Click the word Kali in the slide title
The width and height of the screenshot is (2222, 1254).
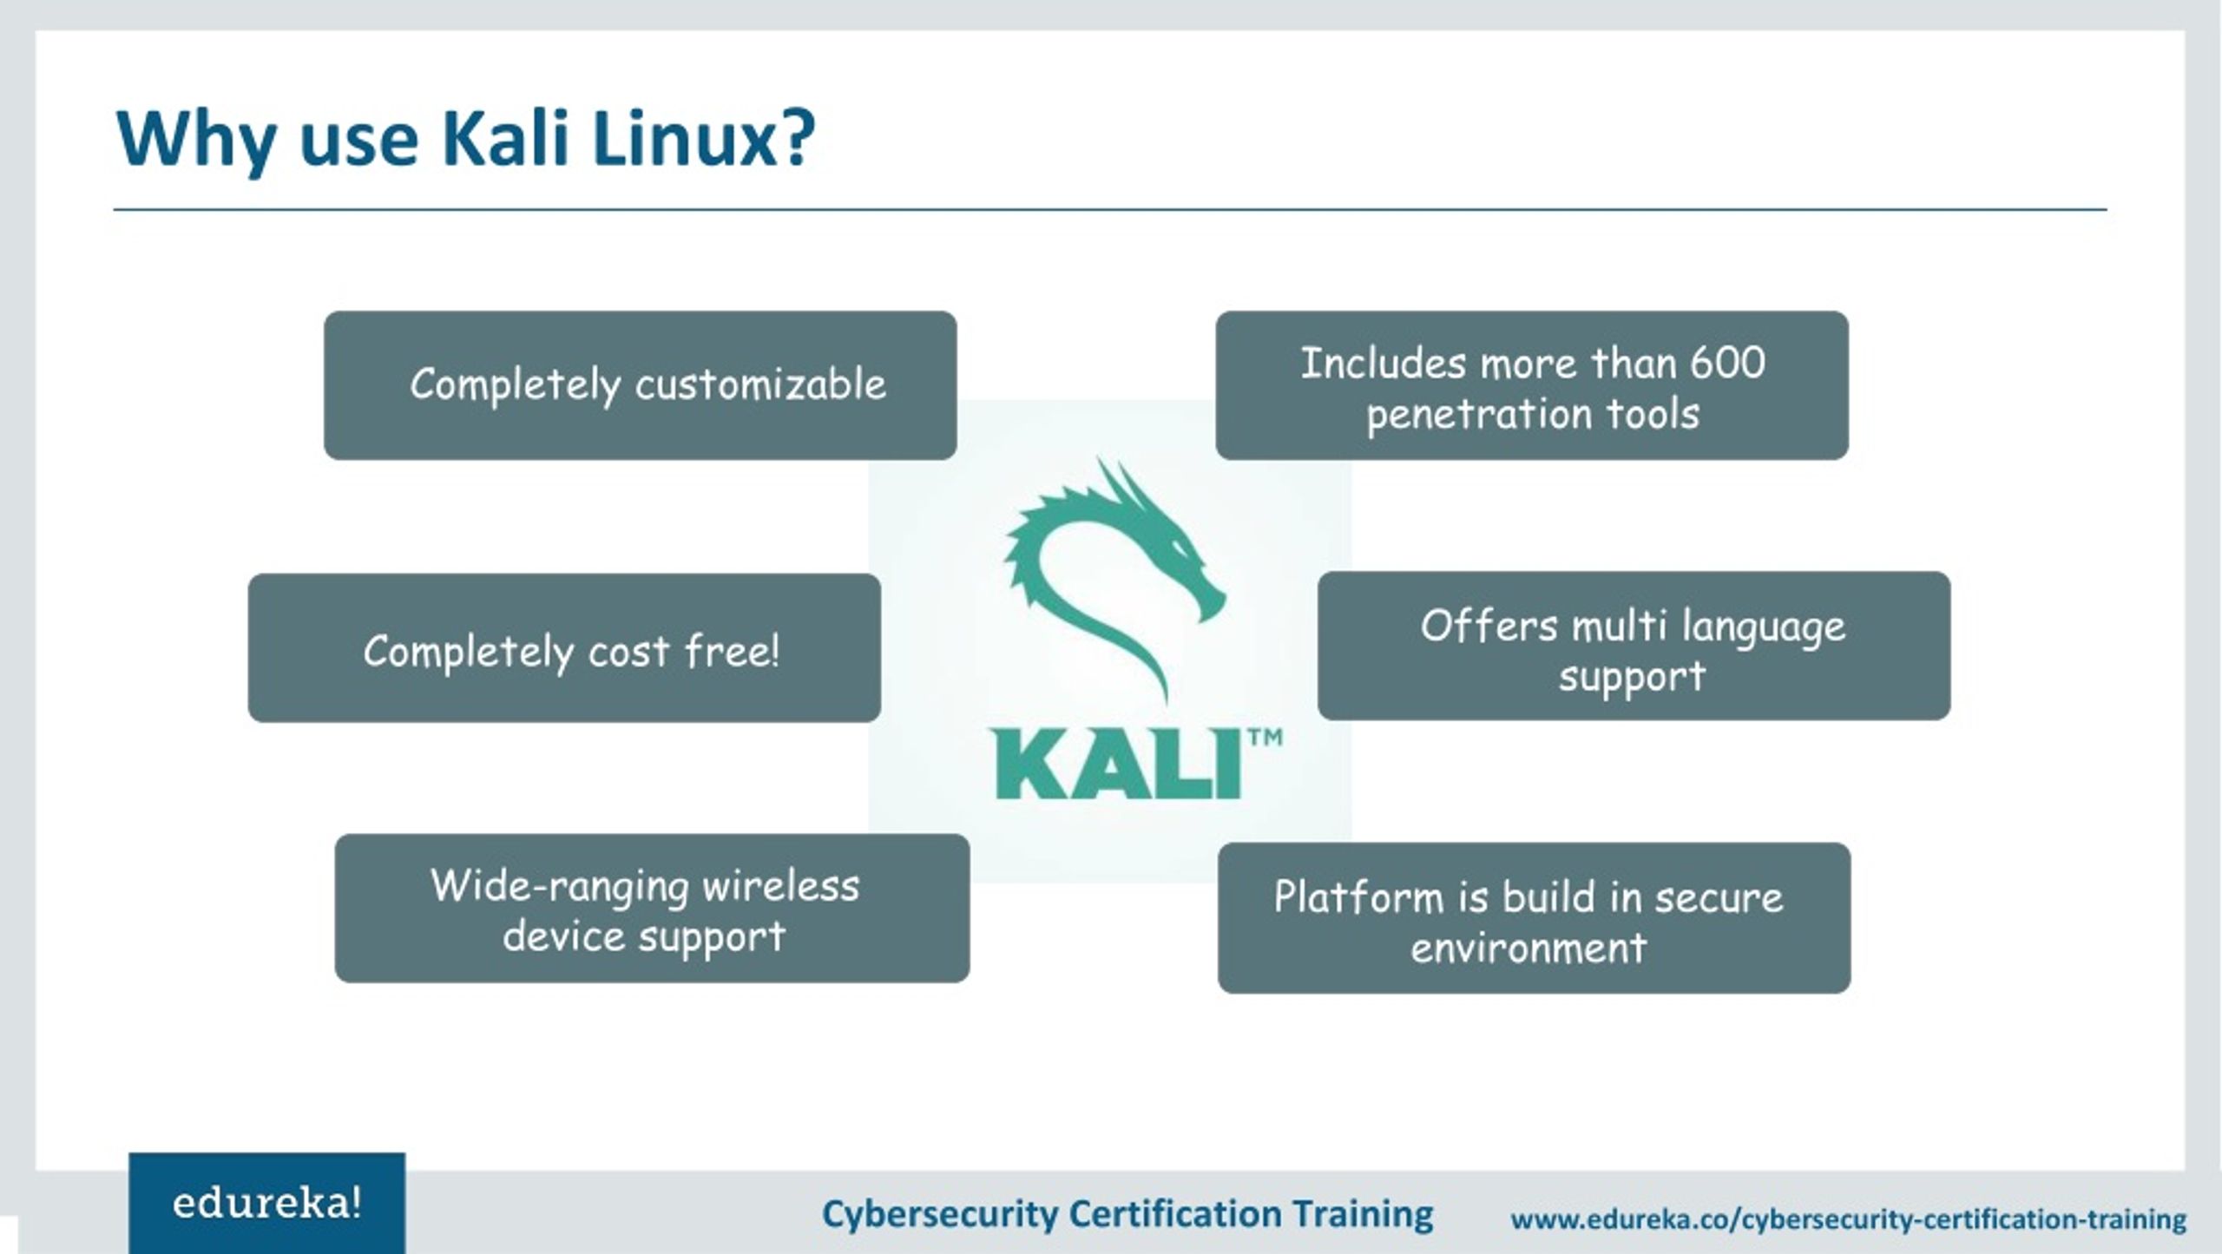[x=505, y=139]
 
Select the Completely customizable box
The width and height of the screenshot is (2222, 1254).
[x=641, y=385]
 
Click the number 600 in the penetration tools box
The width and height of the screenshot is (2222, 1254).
[x=1727, y=363]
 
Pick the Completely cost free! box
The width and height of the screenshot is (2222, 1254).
[x=564, y=648]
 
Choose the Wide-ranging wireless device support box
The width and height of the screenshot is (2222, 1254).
[x=652, y=909]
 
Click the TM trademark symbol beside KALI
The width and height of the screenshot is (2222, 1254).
[x=1265, y=739]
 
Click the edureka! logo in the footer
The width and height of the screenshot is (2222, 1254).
[x=266, y=1204]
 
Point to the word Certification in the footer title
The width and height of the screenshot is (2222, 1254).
[x=1174, y=1213]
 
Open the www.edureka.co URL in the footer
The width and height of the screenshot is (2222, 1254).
[x=1848, y=1219]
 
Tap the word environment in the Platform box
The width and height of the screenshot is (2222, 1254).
[x=1528, y=947]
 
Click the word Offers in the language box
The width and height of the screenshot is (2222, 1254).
[x=1489, y=626]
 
